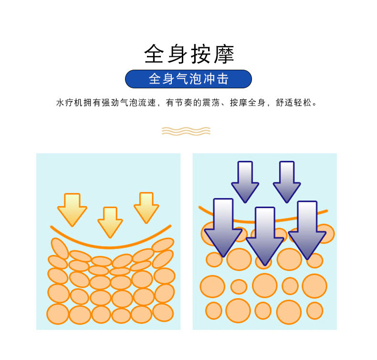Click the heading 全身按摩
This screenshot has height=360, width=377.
pos(188,54)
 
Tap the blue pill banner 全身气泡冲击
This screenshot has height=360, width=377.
pos(188,79)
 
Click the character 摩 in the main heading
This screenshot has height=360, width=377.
pos(223,54)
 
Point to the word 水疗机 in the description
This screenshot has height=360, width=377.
pos(67,103)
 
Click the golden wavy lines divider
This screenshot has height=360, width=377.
pos(186,130)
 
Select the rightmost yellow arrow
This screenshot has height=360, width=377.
pos(146,207)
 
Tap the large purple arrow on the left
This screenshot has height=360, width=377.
pos(223,227)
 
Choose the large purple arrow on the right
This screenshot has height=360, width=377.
pos(307,229)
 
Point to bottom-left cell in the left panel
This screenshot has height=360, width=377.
pos(58,314)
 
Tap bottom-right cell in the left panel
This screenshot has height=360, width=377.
pos(163,312)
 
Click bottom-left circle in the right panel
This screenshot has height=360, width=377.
pos(213,310)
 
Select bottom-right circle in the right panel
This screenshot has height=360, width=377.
pos(314,310)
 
